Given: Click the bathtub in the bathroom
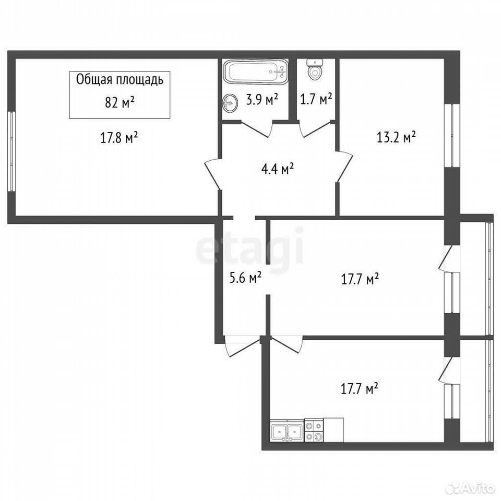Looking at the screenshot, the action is pyautogui.click(x=255, y=72).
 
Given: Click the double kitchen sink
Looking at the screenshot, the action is pyautogui.click(x=287, y=432).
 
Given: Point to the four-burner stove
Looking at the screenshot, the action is pyautogui.click(x=314, y=431).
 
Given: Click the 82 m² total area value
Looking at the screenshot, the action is pyautogui.click(x=120, y=103).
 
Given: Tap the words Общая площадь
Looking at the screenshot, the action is pyautogui.click(x=120, y=80).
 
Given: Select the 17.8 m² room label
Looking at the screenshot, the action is pyautogui.click(x=119, y=138).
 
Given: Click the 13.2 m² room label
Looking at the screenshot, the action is pyautogui.click(x=396, y=137).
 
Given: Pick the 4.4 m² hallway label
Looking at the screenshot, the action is pyautogui.click(x=278, y=169).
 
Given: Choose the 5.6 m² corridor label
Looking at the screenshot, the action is pyautogui.click(x=246, y=278).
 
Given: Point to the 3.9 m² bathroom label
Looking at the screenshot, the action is pyautogui.click(x=261, y=100).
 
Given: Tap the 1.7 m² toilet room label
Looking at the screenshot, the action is pyautogui.click(x=316, y=99).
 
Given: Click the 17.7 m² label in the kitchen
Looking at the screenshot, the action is pyautogui.click(x=360, y=389).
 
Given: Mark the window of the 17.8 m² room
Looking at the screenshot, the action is pyautogui.click(x=11, y=151).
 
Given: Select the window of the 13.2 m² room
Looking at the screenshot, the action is pyautogui.click(x=452, y=135).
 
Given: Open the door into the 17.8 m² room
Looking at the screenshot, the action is pyautogui.click(x=213, y=174).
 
